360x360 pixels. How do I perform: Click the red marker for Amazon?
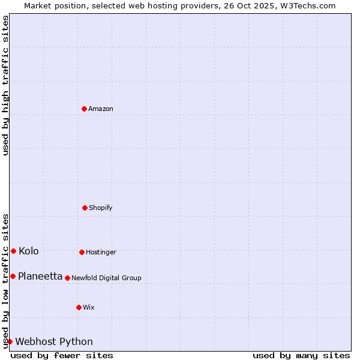85,109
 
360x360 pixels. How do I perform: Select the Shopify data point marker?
85,208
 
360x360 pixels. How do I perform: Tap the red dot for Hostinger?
82,252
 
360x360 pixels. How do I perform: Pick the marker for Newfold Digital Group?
67,278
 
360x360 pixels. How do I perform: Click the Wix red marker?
79,307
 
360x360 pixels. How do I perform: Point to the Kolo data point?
13,251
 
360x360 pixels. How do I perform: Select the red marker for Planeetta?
13,276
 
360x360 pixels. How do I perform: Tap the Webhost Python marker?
10,341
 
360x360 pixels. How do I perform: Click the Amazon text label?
101,109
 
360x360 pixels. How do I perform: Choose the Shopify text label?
101,208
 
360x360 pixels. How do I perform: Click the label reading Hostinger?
101,253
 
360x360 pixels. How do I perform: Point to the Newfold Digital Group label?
106,278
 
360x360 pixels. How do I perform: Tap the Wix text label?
89,308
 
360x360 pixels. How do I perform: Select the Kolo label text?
29,251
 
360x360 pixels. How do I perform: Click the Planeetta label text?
40,277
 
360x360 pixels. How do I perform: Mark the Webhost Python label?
54,342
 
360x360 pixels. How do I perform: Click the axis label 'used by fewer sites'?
62,356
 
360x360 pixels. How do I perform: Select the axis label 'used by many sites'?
301,356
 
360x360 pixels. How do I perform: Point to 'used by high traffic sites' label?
5,85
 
